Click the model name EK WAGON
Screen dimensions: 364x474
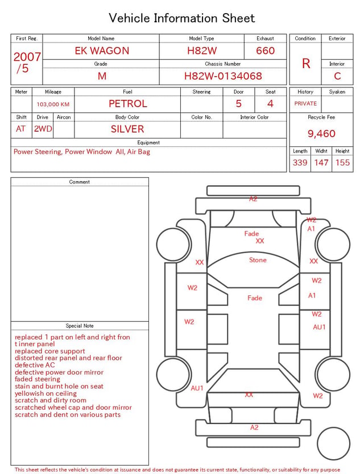[102, 51]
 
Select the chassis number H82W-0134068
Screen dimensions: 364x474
[223, 76]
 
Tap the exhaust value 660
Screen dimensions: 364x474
[265, 51]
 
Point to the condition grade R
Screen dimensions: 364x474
[306, 64]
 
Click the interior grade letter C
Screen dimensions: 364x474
[337, 76]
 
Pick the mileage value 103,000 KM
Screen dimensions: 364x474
[53, 104]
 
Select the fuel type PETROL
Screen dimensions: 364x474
[127, 104]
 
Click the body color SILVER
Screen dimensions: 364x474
[127, 129]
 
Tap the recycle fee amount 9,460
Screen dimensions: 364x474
[321, 133]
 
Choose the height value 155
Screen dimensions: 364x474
[342, 162]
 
